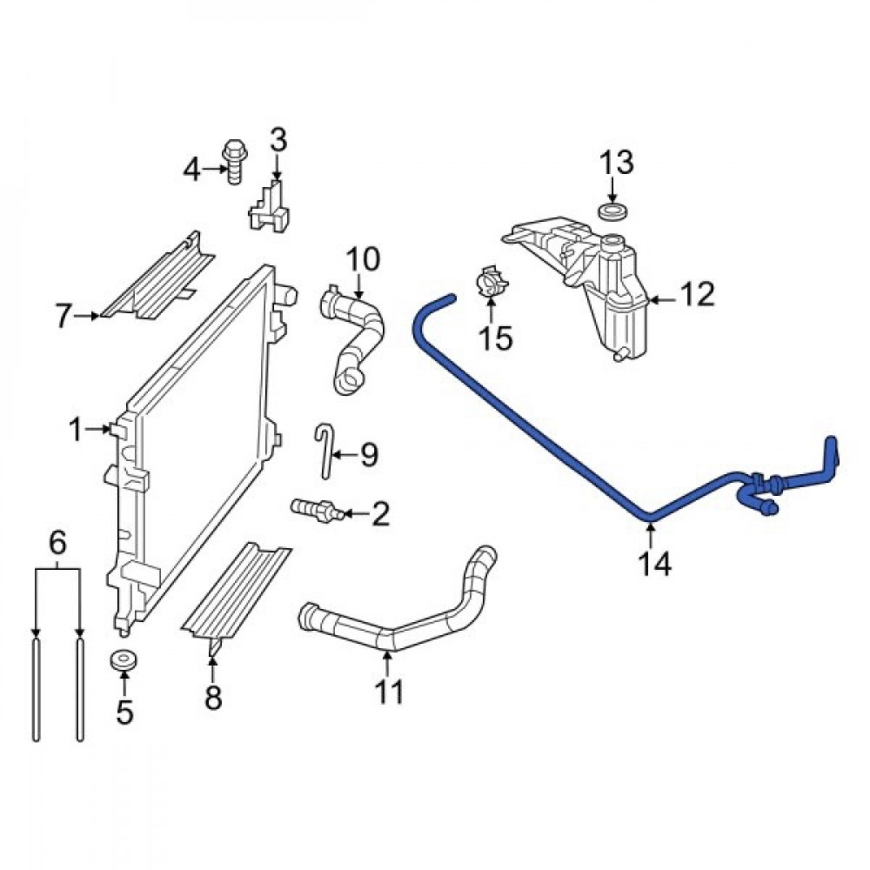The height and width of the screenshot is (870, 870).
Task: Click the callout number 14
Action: click(655, 564)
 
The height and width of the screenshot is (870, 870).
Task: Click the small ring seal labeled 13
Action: click(612, 211)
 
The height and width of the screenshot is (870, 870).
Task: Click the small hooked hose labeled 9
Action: click(325, 450)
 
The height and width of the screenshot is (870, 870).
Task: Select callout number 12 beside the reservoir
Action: click(698, 294)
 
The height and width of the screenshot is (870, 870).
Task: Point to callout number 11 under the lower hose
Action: click(389, 692)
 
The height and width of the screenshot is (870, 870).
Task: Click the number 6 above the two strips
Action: click(57, 543)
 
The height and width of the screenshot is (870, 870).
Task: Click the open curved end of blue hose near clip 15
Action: click(450, 299)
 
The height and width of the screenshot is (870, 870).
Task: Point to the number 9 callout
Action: click(369, 455)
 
